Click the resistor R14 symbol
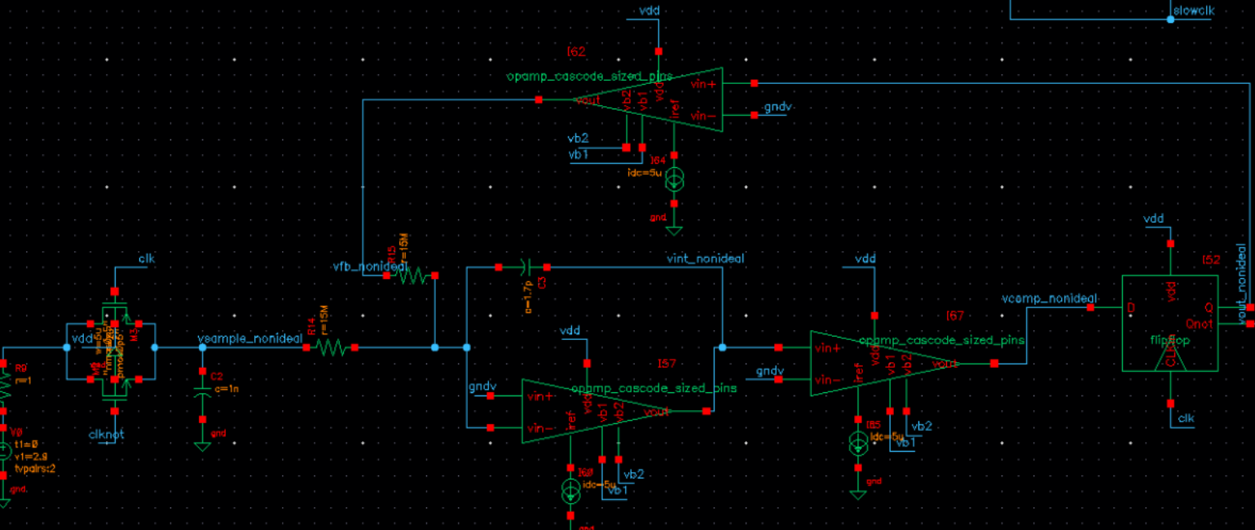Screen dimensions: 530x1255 [330, 348]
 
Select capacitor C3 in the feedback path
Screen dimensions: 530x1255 [522, 267]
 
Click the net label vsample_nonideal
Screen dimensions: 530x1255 [250, 338]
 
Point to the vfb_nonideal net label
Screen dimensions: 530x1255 [369, 267]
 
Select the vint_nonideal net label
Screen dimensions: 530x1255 [705, 258]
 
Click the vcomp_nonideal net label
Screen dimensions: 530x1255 [1050, 298]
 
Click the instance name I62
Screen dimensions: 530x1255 [576, 52]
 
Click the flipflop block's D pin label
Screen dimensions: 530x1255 [1130, 308]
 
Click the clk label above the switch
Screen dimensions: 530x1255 [147, 259]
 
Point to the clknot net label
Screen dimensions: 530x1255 [106, 435]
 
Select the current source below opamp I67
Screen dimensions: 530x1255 [857, 444]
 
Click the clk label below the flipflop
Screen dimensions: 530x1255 [1186, 419]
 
